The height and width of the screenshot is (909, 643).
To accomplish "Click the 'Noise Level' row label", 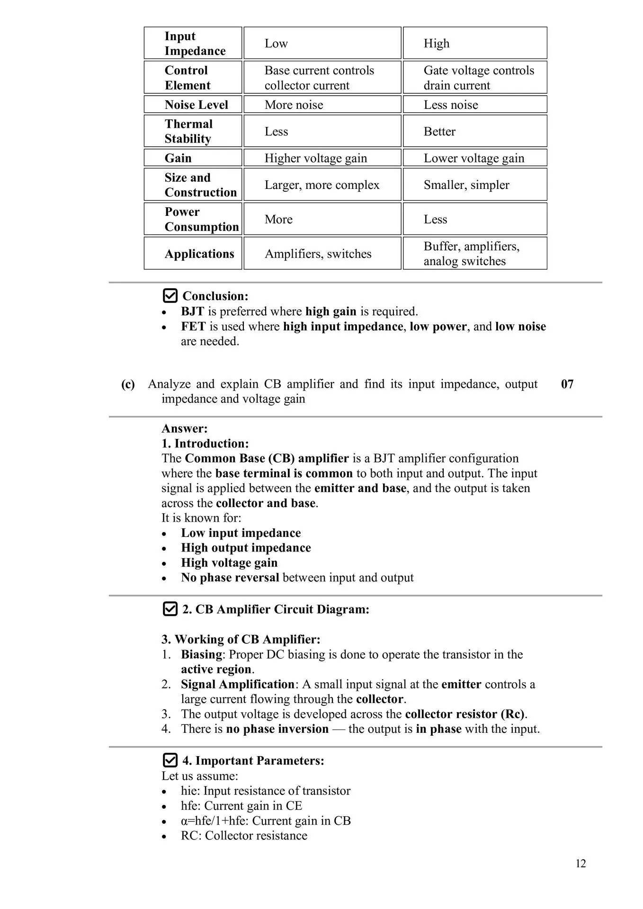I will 196,105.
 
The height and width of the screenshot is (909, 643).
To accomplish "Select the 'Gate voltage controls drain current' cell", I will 478,78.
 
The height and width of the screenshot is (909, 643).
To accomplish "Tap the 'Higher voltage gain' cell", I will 315,158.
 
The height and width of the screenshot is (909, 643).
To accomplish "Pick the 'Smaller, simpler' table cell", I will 466,185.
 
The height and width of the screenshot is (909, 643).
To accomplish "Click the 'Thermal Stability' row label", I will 188,131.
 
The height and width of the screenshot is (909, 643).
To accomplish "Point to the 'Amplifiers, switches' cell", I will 318,254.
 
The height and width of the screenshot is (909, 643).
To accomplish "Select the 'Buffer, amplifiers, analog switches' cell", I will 471,253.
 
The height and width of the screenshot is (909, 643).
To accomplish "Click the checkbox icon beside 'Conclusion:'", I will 170,296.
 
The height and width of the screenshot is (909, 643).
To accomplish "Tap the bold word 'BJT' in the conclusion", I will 192,312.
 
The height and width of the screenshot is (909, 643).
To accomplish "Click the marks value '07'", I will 567,384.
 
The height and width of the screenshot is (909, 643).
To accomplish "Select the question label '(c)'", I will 128,384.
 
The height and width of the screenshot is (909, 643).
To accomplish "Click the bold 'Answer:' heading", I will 185,428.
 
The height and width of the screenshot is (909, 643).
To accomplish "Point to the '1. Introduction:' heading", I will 205,444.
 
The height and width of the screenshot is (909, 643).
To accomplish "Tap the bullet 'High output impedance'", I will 246,548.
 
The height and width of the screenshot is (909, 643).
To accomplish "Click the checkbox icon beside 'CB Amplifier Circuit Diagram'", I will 170,609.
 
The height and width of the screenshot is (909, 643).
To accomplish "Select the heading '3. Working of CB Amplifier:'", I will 241,640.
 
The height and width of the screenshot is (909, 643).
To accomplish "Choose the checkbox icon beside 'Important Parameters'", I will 170,760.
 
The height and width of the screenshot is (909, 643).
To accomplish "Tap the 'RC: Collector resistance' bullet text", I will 244,836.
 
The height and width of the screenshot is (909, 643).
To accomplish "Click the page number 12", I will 580,864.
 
